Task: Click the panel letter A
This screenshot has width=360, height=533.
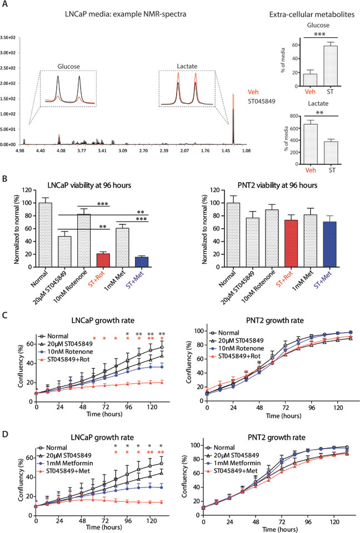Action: tap(5, 4)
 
